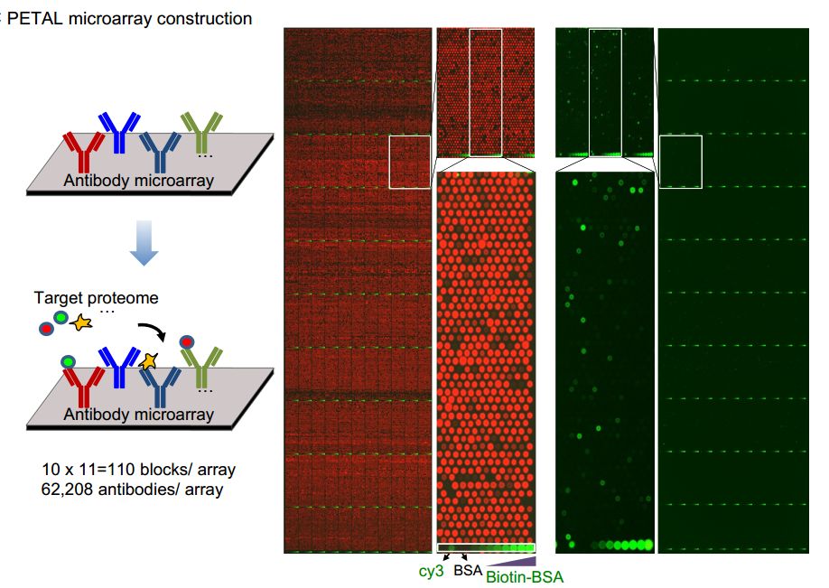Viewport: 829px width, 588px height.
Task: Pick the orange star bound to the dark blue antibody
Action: (148, 361)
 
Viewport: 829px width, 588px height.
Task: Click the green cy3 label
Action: (431, 571)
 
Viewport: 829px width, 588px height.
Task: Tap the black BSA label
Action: (468, 570)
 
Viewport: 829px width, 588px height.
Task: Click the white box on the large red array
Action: (410, 162)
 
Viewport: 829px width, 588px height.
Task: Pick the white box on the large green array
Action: (680, 162)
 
